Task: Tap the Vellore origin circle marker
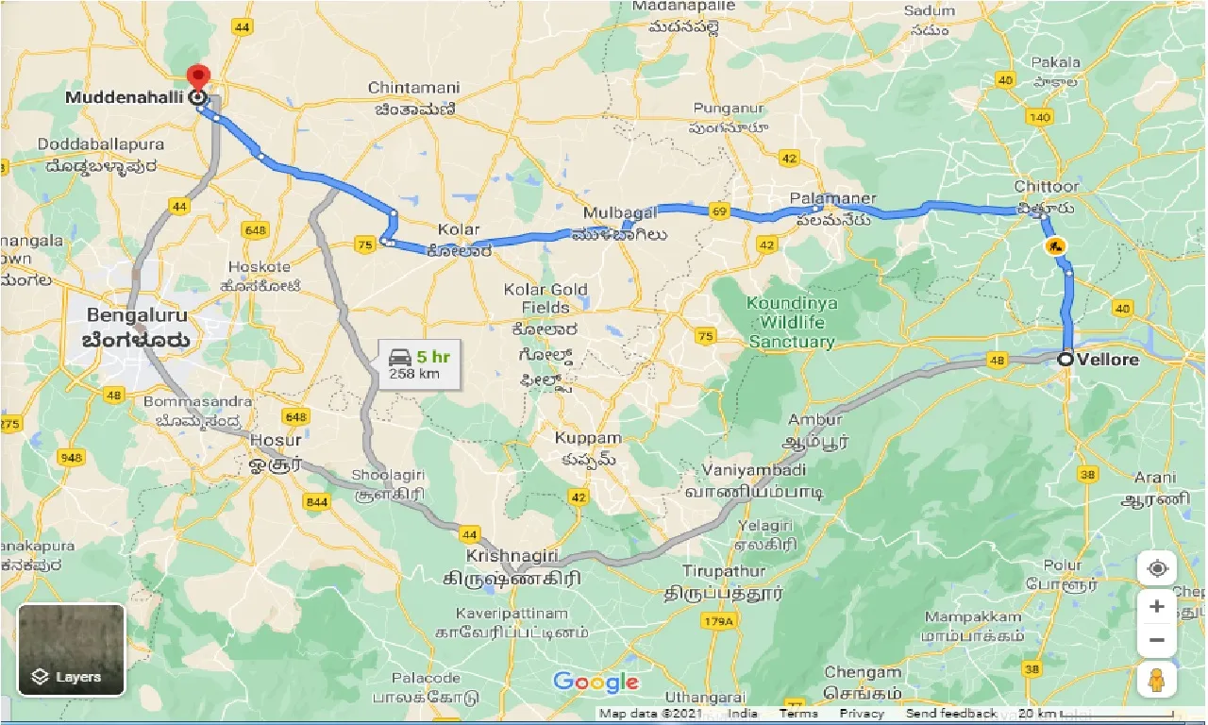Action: [1065, 359]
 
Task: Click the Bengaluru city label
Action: [138, 315]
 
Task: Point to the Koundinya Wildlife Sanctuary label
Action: [792, 323]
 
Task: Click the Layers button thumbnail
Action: [72, 649]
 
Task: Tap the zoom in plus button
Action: [1157, 606]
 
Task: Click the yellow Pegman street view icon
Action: [1157, 680]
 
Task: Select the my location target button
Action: [1157, 569]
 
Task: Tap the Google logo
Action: [596, 683]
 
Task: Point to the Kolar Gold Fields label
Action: [545, 298]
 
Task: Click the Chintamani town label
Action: [414, 88]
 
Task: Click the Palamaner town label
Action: [833, 199]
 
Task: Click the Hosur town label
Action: [277, 440]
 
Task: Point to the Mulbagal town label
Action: [619, 213]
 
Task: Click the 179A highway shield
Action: [714, 621]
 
